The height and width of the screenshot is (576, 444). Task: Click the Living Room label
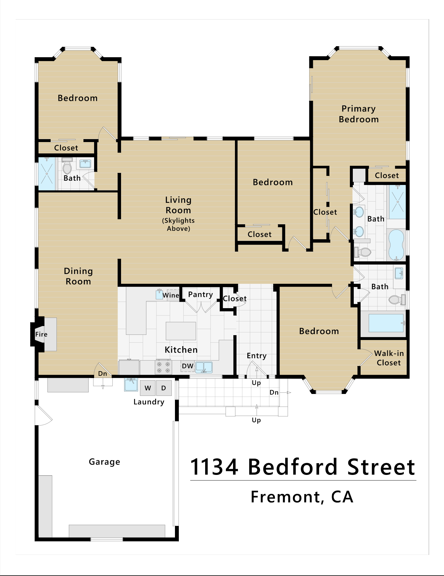point(178,205)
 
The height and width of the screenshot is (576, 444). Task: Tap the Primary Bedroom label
point(359,114)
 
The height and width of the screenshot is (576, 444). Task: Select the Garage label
point(105,462)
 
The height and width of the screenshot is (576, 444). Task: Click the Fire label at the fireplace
point(41,334)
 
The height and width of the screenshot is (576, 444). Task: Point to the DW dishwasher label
point(188,366)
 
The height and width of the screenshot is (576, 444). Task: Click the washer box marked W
point(148,388)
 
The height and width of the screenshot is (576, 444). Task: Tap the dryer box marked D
point(164,388)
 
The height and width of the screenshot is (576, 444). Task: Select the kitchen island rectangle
point(181,331)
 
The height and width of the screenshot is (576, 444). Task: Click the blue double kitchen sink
point(204,367)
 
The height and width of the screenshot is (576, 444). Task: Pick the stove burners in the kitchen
point(163,367)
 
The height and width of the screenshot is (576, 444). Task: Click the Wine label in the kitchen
point(171,295)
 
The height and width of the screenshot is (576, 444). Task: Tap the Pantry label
point(201,295)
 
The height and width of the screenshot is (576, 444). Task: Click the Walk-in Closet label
point(389,358)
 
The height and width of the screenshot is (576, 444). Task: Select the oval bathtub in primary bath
point(396,245)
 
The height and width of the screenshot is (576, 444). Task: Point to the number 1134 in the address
point(215,467)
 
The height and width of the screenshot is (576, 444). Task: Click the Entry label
point(256,356)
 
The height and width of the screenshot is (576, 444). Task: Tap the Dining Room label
point(78,276)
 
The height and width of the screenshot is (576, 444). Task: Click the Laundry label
point(149,402)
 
